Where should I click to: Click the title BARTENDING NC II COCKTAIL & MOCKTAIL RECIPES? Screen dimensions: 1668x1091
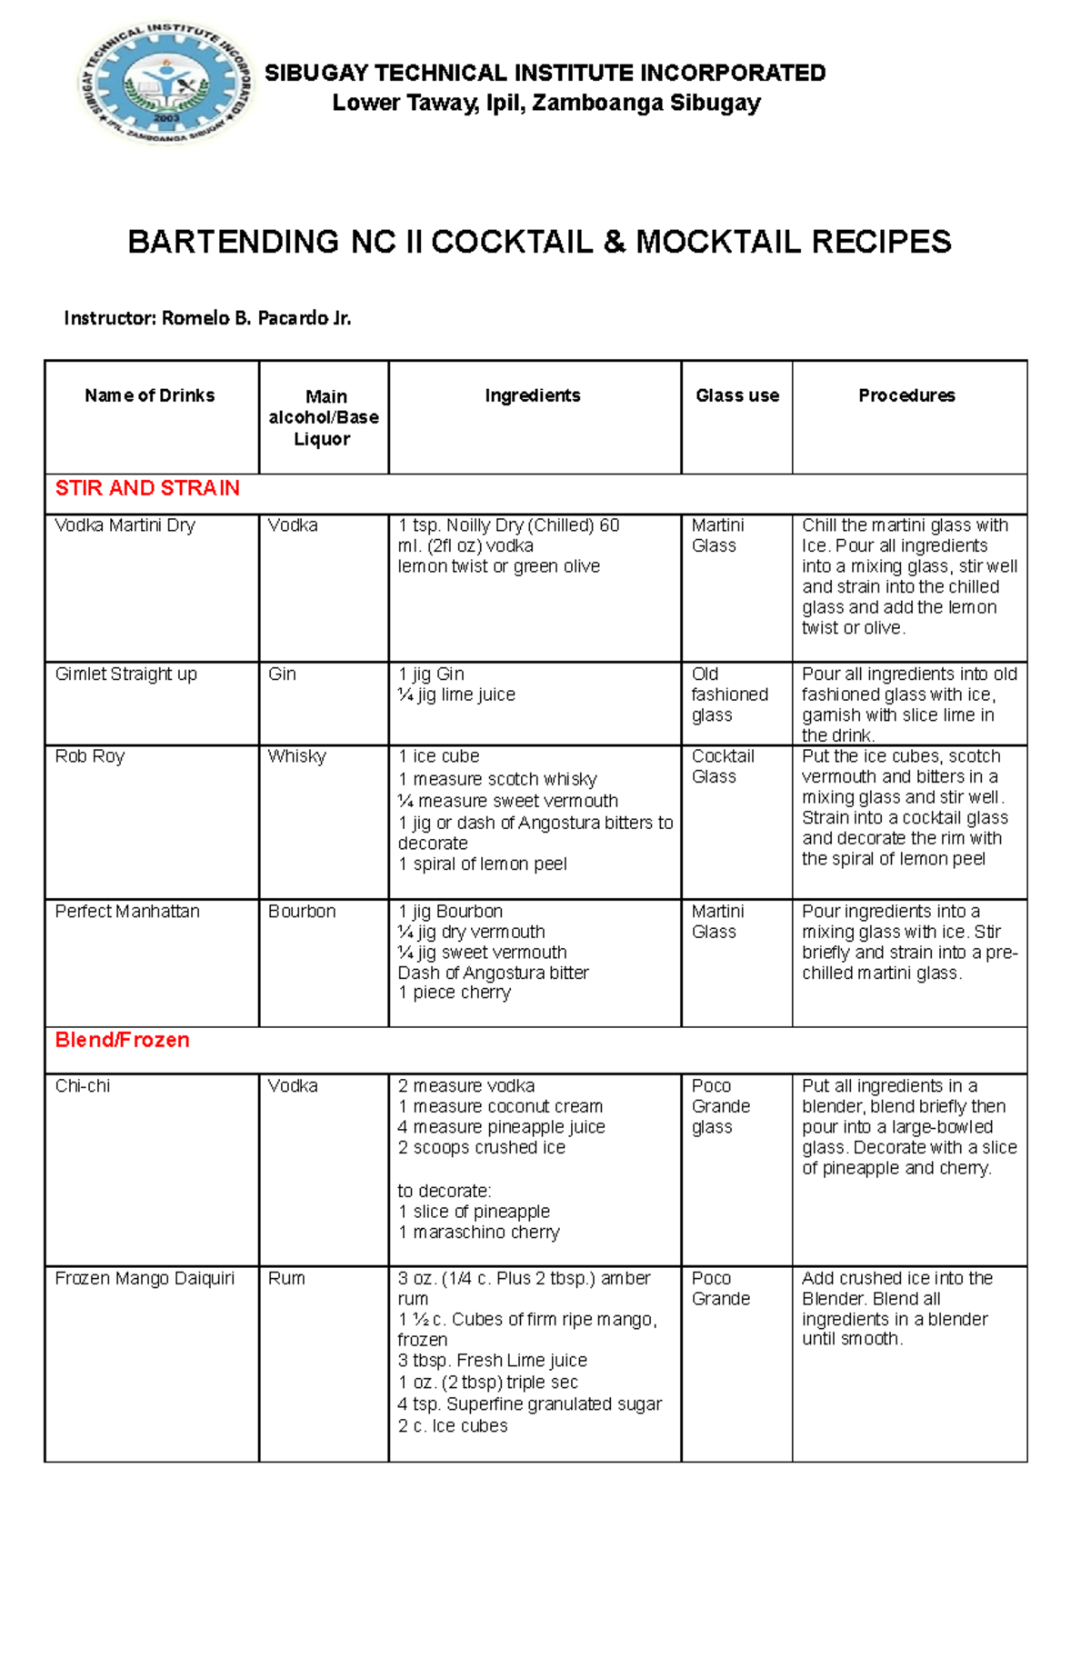tap(539, 242)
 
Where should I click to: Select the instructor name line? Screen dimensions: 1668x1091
tap(207, 318)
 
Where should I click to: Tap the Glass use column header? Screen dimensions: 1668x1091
tap(736, 395)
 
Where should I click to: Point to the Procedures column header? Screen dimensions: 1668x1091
tap(906, 395)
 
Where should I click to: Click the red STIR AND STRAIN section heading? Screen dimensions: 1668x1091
tap(147, 488)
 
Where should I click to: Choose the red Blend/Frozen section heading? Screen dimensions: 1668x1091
tap(122, 1040)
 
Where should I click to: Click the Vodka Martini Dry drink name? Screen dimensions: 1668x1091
tap(125, 525)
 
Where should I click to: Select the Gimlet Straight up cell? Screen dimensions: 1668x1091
tap(125, 674)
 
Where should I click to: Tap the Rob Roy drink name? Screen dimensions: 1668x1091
tap(89, 756)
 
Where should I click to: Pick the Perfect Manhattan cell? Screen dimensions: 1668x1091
tap(127, 912)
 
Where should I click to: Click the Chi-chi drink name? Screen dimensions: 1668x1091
tap(82, 1086)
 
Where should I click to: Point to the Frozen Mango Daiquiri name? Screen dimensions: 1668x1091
tap(145, 1279)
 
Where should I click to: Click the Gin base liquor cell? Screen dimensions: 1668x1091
tap(282, 674)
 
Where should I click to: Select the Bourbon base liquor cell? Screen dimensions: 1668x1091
tap(302, 912)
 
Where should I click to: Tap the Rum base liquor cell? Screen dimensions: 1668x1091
tap(286, 1279)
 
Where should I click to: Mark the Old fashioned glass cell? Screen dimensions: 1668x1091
tap(729, 694)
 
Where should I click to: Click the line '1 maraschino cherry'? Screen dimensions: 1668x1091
tap(478, 1233)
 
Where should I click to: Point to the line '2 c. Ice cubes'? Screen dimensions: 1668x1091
tap(452, 1426)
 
